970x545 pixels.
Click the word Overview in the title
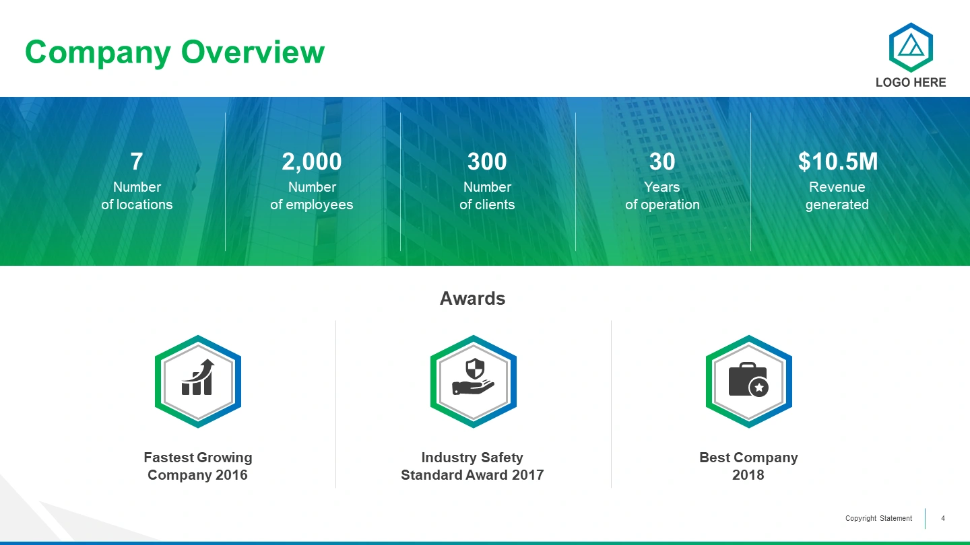pyautogui.click(x=253, y=52)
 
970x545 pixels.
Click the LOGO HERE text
pyautogui.click(x=911, y=82)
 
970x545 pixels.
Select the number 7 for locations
pyautogui.click(x=136, y=161)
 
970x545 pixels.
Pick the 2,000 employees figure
pyautogui.click(x=312, y=161)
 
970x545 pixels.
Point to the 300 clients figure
pyautogui.click(x=487, y=161)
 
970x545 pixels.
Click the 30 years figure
pyautogui.click(x=662, y=161)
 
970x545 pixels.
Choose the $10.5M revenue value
pyautogui.click(x=837, y=161)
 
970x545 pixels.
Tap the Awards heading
pyautogui.click(x=472, y=299)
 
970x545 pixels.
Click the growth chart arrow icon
pyautogui.click(x=198, y=377)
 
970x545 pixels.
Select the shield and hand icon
pyautogui.click(x=474, y=376)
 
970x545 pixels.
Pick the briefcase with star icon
pyautogui.click(x=749, y=379)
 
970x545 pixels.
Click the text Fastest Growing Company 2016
pyautogui.click(x=198, y=466)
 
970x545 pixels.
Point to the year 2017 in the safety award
pyautogui.click(x=527, y=475)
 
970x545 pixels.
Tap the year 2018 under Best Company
pyautogui.click(x=748, y=475)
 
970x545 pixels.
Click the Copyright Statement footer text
pyautogui.click(x=878, y=518)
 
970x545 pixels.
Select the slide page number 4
pyautogui.click(x=943, y=518)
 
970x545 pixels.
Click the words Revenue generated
pyautogui.click(x=837, y=196)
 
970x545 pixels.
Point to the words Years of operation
pyautogui.click(x=662, y=196)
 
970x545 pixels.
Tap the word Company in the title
pyautogui.click(x=98, y=52)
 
